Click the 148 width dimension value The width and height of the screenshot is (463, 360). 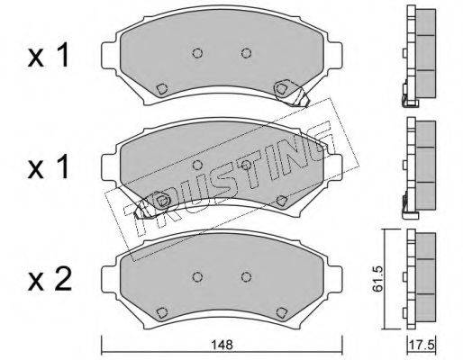pos(222,345)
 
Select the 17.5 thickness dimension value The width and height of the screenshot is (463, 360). pos(422,346)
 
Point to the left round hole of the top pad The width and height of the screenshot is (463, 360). pos(197,53)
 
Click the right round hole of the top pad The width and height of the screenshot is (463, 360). pos(246,53)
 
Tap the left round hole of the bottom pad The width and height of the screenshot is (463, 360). pos(197,277)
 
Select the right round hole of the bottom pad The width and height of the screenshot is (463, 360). pos(246,277)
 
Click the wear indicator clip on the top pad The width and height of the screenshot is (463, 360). pos(291,93)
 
